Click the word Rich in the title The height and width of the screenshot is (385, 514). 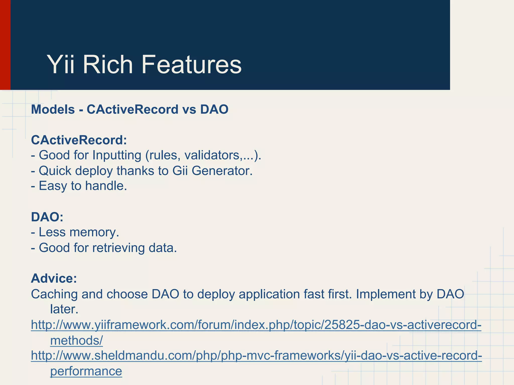tap(108, 65)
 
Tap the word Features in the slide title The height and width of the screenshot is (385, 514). tap(191, 65)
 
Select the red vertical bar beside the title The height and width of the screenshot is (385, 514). tap(5, 45)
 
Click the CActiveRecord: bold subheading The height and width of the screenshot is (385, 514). tap(79, 140)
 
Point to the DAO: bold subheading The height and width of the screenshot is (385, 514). tap(47, 217)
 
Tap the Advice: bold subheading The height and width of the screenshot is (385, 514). tap(54, 278)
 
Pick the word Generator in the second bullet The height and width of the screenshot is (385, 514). tap(222, 171)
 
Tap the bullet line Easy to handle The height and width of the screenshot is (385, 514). tap(79, 186)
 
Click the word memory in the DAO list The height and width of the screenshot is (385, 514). tap(94, 232)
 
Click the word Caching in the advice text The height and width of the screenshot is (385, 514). tap(54, 294)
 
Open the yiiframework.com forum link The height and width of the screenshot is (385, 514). tap(256, 325)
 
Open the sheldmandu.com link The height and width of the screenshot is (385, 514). tap(256, 355)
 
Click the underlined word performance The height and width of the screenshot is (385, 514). tap(86, 371)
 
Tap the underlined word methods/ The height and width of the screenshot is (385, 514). tap(77, 340)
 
